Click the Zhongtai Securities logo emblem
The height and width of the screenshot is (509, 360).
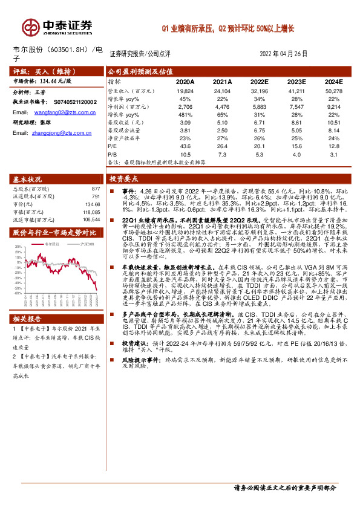[30, 25]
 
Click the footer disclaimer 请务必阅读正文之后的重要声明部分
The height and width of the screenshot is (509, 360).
[284, 488]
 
